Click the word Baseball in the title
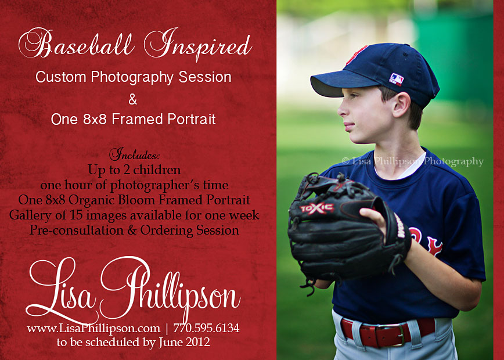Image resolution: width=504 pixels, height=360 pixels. (76, 44)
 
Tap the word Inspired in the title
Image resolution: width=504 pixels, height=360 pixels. (197, 44)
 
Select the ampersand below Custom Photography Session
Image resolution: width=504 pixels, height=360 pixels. (133, 99)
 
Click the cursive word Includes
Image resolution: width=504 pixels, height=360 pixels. (134, 154)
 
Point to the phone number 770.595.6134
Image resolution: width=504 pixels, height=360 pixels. (206, 328)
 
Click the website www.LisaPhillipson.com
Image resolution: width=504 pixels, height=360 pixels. (93, 329)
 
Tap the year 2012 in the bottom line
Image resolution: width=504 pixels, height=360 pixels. (197, 341)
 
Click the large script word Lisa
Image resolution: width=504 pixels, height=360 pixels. (61, 291)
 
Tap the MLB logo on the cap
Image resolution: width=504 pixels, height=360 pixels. (397, 79)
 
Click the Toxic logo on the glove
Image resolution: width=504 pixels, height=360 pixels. (317, 208)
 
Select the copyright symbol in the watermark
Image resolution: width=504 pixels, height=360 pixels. (345, 161)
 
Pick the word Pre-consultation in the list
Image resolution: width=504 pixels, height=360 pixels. (77, 231)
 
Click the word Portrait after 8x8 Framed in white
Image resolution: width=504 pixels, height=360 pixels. (192, 119)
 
